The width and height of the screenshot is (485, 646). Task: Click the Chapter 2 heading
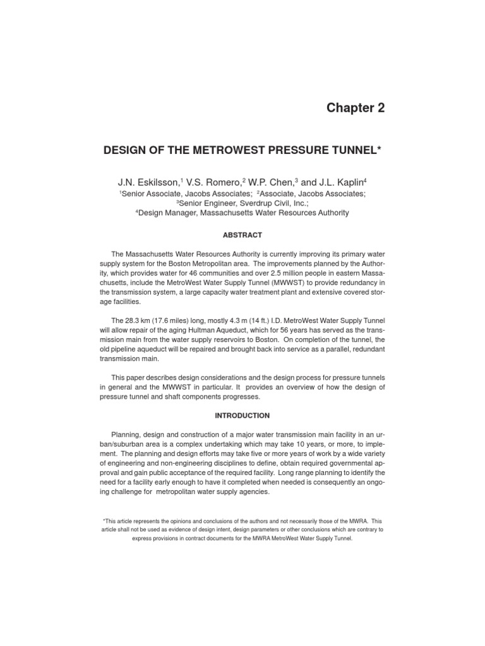(x=355, y=108)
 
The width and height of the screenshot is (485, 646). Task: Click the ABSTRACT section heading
(x=242, y=235)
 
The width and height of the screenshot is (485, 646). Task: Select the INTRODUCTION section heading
(x=242, y=416)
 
